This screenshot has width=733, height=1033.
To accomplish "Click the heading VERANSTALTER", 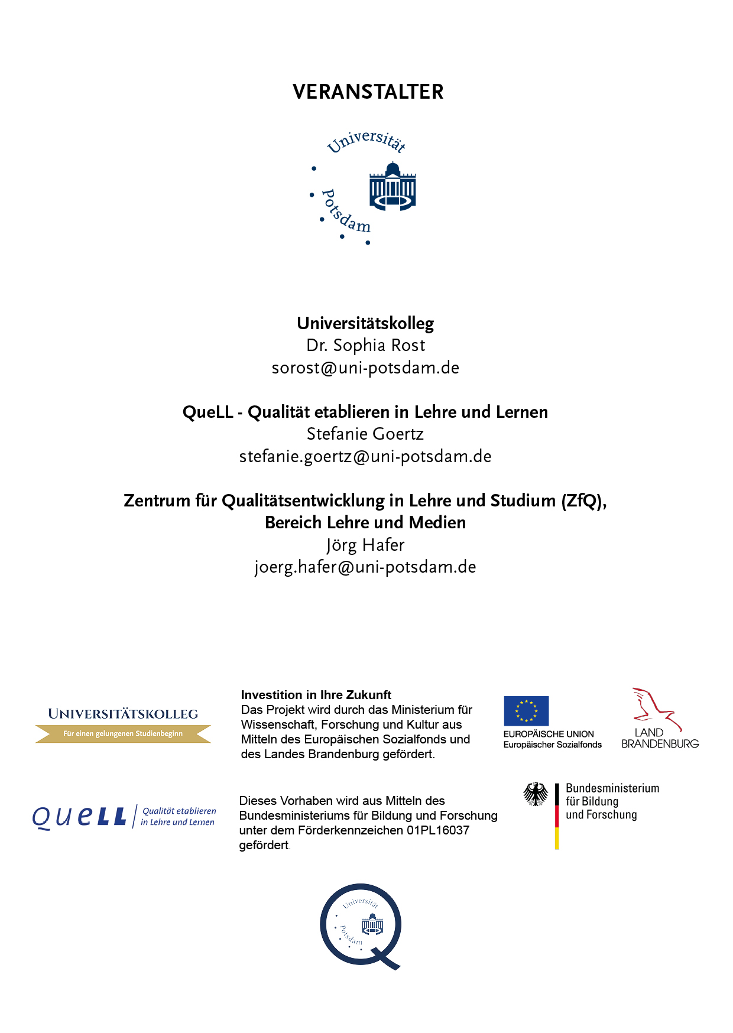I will coord(368,92).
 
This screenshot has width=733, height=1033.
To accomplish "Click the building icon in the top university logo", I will coord(393,187).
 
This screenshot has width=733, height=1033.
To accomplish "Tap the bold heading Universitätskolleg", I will coord(365,323).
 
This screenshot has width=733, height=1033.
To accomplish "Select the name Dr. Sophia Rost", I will coord(365,345).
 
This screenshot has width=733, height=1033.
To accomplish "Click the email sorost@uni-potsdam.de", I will coord(365,368).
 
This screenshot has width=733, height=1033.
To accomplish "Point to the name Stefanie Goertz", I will coord(365,434).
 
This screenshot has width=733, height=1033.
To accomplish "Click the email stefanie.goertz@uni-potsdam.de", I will coord(365,456).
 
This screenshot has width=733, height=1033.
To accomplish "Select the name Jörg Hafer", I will coord(365,545).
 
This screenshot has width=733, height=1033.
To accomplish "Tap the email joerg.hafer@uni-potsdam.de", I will coord(365,567).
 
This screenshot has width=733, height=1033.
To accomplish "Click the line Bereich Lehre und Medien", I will coord(365,522).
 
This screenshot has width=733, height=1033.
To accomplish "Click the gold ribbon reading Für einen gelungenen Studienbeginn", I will coord(123,734).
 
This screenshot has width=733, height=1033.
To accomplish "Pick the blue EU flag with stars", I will coord(526,711).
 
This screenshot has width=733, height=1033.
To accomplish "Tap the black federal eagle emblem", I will coord(536,794).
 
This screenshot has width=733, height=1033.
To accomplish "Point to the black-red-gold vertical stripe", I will coord(557,816).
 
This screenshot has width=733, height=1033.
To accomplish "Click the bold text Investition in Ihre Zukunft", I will coord(316,695).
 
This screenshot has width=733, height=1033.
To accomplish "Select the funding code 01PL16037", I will coord(438,830).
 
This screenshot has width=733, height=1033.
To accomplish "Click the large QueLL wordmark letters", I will coord(79,817).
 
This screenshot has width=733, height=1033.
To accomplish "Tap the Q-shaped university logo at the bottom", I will coord(361,925).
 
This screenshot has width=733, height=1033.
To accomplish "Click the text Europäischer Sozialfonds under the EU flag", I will coord(553,745).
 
